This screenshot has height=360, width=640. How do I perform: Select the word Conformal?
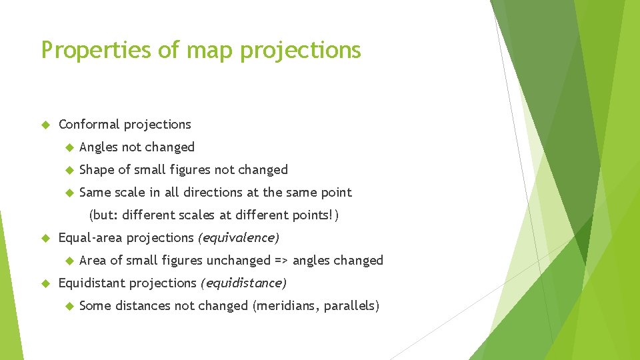pos(89,125)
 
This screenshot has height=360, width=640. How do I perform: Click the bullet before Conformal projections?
pos(45,125)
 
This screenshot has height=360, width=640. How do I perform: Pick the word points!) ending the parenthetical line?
pos(321,215)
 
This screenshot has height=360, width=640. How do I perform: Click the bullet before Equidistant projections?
pos(45,283)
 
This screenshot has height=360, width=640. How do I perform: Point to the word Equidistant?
pos(92,283)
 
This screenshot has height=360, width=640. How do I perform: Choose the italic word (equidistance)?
pos(243,283)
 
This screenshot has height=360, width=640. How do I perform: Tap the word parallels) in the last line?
pos(351,306)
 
